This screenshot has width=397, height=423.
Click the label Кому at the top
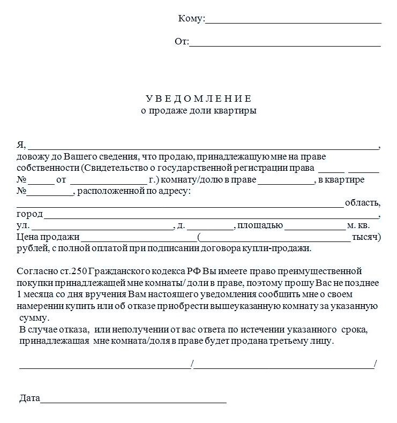pos(190,19)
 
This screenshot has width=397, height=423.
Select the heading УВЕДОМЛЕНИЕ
pos(198,99)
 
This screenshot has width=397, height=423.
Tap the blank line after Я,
pos(203,146)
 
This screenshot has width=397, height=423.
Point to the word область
pos(363,203)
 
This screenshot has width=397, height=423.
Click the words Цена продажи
pos(48,237)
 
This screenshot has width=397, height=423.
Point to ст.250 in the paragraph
pos(70,271)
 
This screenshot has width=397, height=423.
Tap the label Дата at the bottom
pos(29,398)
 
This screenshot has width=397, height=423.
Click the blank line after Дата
pos(133,401)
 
